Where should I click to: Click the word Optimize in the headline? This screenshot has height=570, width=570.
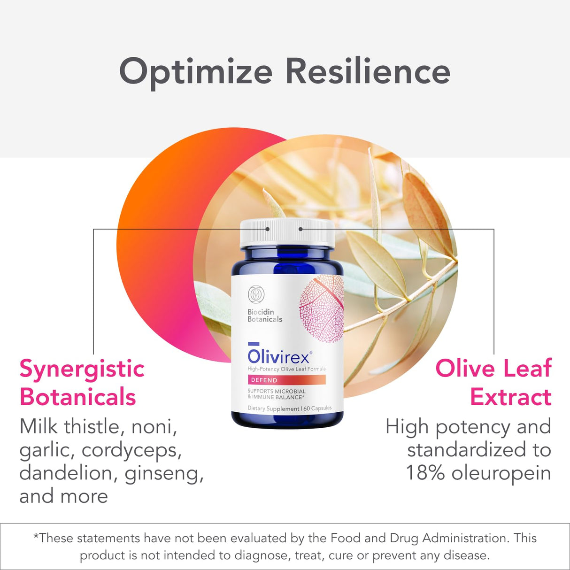[x=196, y=72]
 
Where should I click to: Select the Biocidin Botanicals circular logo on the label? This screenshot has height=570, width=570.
[x=256, y=294]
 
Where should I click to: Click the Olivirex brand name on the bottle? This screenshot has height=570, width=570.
[x=278, y=356]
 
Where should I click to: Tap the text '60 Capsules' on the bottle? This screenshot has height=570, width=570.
[x=317, y=408]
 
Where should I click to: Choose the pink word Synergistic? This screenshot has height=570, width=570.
[x=82, y=369]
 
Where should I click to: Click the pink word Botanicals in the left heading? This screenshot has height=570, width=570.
[x=77, y=397]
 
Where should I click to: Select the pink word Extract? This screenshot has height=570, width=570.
[x=510, y=397]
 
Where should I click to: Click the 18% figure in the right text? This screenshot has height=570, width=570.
[x=425, y=473]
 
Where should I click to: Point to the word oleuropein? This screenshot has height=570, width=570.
[x=501, y=473]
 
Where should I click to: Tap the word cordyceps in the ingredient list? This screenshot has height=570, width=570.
[x=131, y=450]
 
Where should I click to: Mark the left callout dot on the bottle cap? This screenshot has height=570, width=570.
[x=268, y=229]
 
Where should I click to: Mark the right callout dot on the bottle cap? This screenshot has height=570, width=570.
[x=300, y=229]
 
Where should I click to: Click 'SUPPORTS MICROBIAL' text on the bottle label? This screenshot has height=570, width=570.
[x=277, y=391]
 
